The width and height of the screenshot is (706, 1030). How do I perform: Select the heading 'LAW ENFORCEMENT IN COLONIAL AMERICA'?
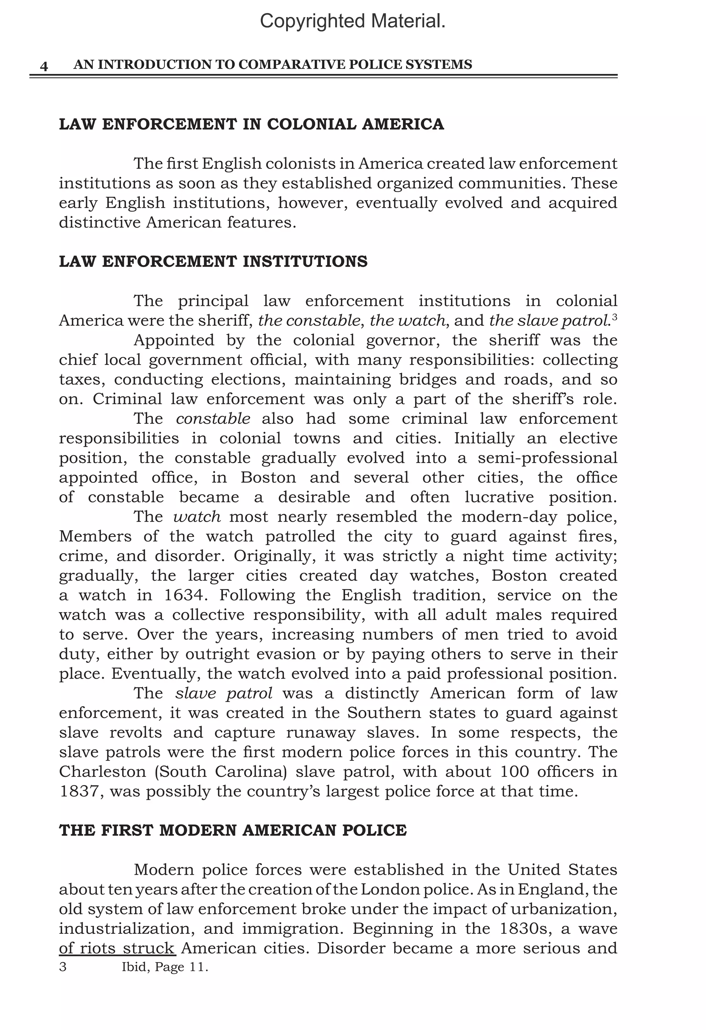pos(251,124)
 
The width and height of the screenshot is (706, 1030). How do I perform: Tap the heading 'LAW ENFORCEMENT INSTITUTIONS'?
pos(213,261)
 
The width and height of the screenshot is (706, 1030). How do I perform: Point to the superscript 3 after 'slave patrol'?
pos(614,317)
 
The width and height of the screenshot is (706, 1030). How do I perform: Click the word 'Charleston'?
pos(102,772)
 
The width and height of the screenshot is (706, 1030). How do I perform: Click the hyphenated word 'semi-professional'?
pos(547,458)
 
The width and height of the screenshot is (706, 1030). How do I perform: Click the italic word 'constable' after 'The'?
pos(213,419)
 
